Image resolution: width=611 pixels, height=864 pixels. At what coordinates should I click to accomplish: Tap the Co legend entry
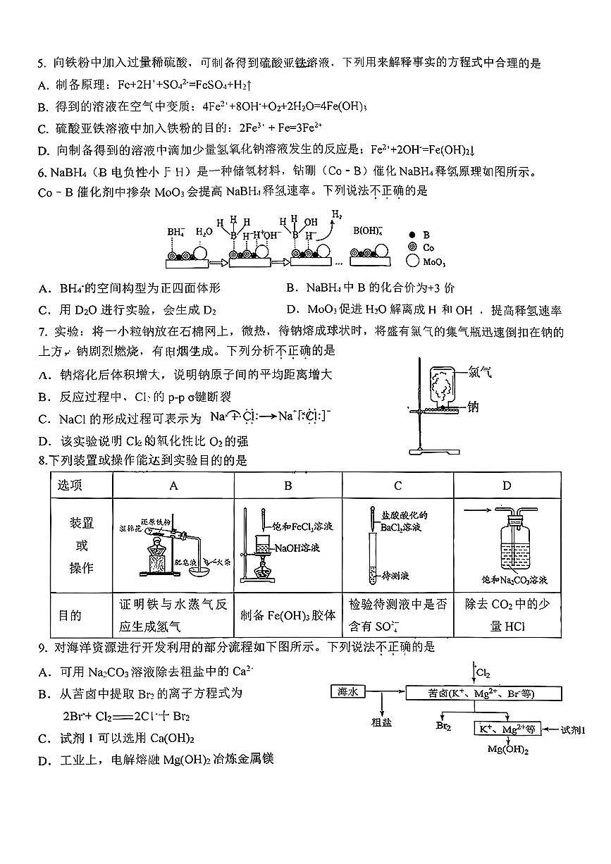pyautogui.click(x=429, y=248)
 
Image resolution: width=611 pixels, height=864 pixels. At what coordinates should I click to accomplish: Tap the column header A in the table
pyautogui.click(x=173, y=486)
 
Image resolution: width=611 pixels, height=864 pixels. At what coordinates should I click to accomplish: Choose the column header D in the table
pyautogui.click(x=507, y=486)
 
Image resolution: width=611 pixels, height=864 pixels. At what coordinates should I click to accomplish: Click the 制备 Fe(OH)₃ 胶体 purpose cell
pyautogui.click(x=288, y=615)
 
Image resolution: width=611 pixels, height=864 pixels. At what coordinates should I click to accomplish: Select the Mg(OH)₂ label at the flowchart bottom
pyautogui.click(x=508, y=749)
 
